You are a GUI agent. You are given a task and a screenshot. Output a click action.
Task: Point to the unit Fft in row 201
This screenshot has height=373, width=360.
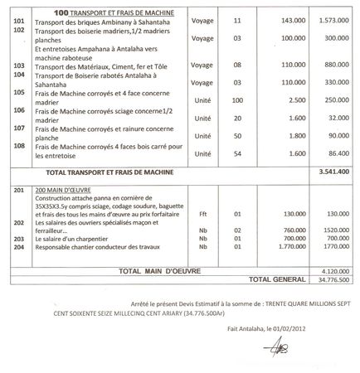(202, 213)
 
